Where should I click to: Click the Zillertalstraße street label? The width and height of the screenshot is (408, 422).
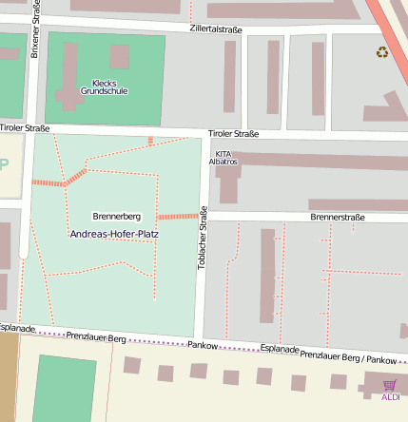point(216,29)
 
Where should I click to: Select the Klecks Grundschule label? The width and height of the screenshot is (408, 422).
point(104,86)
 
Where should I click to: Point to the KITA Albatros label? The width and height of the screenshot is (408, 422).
point(223,158)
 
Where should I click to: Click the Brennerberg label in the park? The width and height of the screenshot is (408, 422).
point(116,217)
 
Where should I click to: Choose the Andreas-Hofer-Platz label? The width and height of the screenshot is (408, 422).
point(114,233)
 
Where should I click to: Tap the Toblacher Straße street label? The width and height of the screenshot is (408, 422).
point(202,238)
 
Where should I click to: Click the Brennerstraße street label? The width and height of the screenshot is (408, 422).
point(338,218)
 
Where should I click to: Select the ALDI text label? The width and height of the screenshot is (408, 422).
point(390,396)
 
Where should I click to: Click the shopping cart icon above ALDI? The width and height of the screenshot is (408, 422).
point(389,385)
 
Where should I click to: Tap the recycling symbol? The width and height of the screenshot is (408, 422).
point(382,52)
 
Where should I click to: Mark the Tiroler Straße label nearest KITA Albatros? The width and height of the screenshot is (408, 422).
point(233,134)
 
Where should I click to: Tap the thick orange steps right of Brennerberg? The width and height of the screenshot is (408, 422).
point(177,216)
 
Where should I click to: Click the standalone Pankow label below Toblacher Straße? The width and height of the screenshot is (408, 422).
point(203,345)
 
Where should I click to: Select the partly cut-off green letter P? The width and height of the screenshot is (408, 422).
point(4,164)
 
